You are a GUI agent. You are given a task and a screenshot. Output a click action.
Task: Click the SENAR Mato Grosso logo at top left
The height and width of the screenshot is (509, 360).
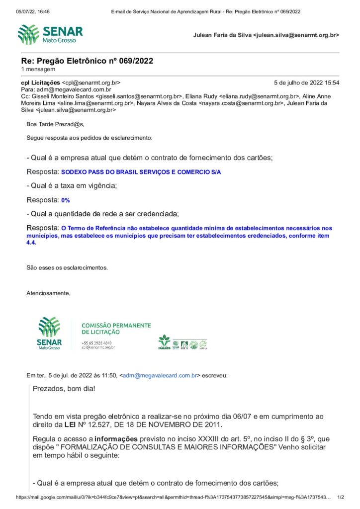click(x=50, y=34)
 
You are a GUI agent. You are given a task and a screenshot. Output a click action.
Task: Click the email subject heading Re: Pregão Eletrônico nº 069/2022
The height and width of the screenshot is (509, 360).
click(x=87, y=61)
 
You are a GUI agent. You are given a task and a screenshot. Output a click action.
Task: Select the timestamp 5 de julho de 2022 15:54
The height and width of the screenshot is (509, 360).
click(x=306, y=83)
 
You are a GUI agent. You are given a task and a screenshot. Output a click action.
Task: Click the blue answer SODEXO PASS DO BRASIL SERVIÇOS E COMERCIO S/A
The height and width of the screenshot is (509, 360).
click(x=141, y=172)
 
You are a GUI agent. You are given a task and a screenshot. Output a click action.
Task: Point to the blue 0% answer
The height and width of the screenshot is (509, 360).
click(x=65, y=200)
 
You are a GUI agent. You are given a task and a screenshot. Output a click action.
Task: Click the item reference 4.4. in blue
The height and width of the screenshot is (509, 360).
click(x=31, y=244)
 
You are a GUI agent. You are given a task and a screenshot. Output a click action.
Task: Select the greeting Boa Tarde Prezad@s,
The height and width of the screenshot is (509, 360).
click(x=55, y=124)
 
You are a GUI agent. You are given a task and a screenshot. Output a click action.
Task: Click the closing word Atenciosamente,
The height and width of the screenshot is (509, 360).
click(x=48, y=293)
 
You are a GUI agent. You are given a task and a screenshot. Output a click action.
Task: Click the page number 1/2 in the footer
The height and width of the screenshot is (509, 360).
click(x=341, y=497)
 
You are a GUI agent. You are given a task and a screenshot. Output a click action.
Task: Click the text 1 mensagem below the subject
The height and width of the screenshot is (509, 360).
click(x=38, y=70)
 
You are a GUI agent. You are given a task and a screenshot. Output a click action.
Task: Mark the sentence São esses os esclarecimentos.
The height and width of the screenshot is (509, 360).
click(x=67, y=267)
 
